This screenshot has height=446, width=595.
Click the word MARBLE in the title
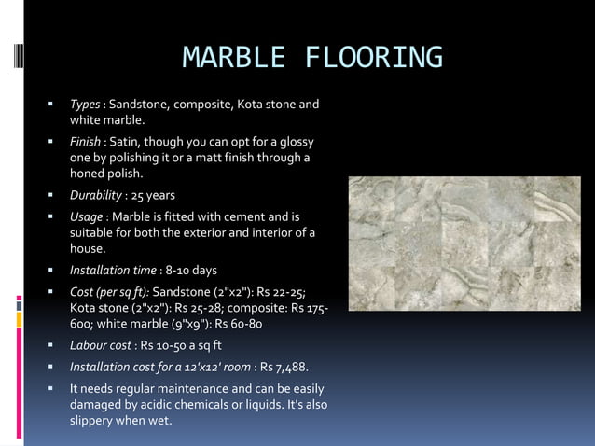tap(235, 58)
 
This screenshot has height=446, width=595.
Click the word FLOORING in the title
tap(374, 58)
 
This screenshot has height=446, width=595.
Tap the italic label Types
tap(85, 104)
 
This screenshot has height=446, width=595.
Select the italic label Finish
tap(86, 142)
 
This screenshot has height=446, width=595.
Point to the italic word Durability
tap(96, 195)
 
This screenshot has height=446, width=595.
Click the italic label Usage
tap(87, 216)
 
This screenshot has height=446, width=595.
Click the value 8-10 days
tap(191, 270)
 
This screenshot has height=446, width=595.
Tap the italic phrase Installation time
tap(112, 270)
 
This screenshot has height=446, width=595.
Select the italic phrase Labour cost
tap(99, 344)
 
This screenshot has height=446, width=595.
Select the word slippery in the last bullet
tap(95, 419)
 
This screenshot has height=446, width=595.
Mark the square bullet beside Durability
tap(52, 195)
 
